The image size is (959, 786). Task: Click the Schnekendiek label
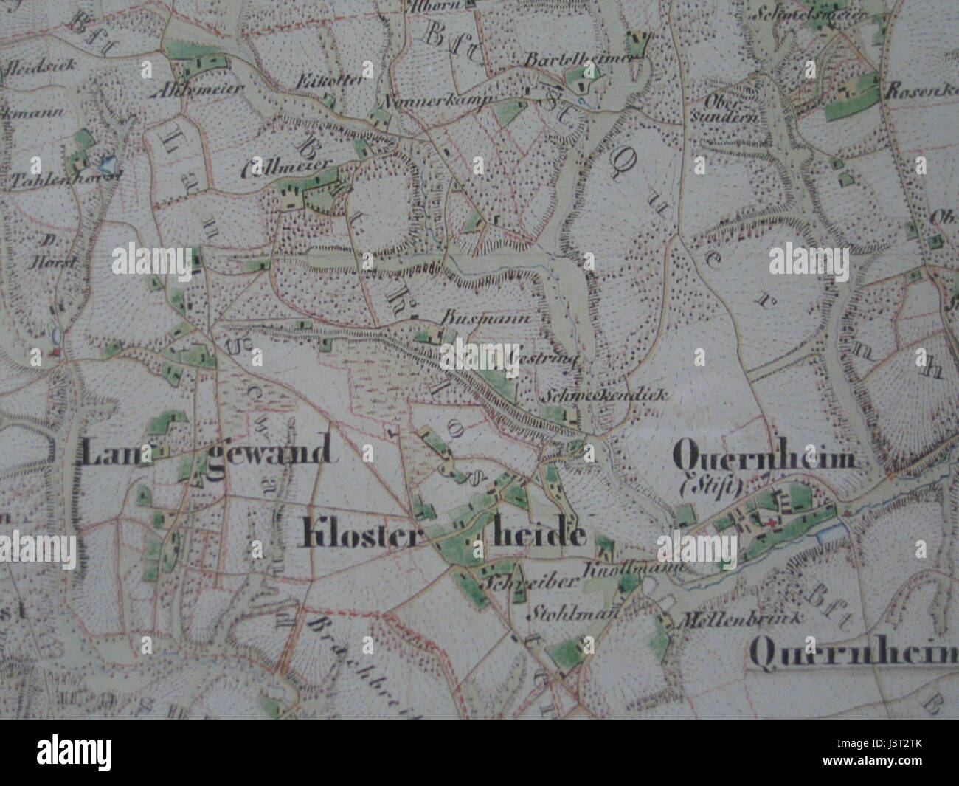605,395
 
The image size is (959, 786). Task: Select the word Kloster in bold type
350,534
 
